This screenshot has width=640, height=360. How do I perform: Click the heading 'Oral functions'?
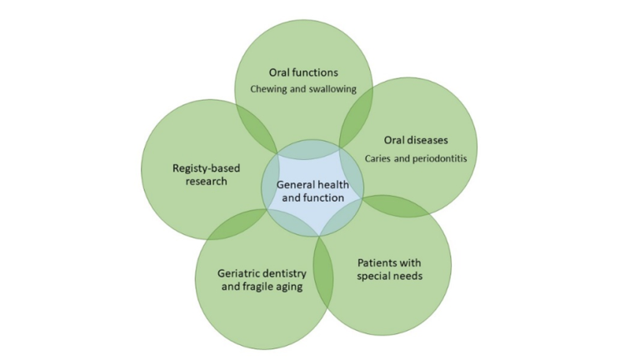(303, 72)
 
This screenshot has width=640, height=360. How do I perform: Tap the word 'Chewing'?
(268, 89)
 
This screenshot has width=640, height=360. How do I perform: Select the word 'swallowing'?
(332, 89)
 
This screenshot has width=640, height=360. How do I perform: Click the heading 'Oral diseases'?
(416, 140)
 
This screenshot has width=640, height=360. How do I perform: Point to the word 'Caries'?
(378, 158)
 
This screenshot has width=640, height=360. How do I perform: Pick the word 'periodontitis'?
(440, 158)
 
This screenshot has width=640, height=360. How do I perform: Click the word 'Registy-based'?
(206, 168)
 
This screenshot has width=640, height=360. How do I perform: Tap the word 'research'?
(206, 181)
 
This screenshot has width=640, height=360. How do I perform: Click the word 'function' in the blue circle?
(324, 198)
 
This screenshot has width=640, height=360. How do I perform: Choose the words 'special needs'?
(389, 277)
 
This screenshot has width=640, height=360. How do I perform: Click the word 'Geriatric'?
(239, 273)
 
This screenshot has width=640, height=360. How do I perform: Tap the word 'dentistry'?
(285, 273)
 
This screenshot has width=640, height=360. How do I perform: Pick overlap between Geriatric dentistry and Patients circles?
(323, 272)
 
